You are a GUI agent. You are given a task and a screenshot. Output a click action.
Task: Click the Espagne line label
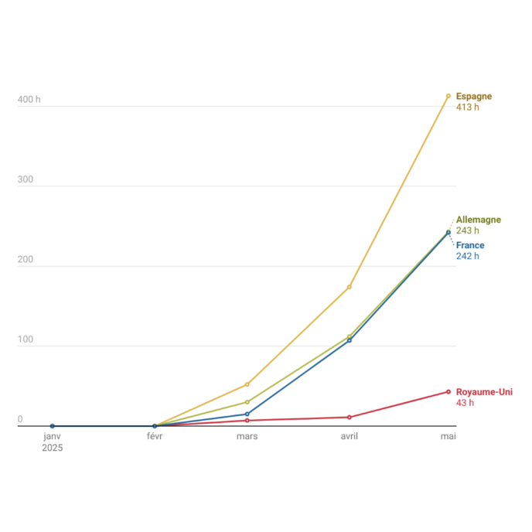pyautogui.click(x=474, y=97)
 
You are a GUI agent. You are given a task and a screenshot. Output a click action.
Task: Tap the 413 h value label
pyautogui.click(x=468, y=107)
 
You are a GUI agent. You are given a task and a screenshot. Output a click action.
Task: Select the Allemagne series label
pyautogui.click(x=479, y=220)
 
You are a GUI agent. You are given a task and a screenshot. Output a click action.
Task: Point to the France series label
pyautogui.click(x=470, y=245)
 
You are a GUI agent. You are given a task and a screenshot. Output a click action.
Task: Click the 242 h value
pyautogui.click(x=468, y=256)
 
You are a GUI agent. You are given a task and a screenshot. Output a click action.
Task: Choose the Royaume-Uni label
pyautogui.click(x=484, y=392)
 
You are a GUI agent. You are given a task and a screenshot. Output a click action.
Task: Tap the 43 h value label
pyautogui.click(x=465, y=403)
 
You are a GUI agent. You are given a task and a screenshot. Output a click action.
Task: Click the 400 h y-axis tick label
pyautogui.click(x=29, y=100)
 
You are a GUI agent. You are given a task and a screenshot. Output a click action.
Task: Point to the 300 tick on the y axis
pyautogui.click(x=26, y=179)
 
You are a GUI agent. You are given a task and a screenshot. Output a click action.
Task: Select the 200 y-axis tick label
pyautogui.click(x=26, y=259)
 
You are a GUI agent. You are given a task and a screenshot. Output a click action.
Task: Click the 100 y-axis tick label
pyautogui.click(x=26, y=339)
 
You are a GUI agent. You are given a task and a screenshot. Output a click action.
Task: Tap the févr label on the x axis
pyautogui.click(x=155, y=436)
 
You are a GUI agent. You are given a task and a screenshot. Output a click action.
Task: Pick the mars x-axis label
pyautogui.click(x=247, y=436)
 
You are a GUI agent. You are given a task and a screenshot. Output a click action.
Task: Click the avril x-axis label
pyautogui.click(x=350, y=436)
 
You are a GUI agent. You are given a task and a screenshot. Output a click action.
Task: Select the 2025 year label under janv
pyautogui.click(x=53, y=448)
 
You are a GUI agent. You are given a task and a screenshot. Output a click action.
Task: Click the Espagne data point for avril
pyautogui.click(x=350, y=287)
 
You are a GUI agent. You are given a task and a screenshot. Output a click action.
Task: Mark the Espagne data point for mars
pyautogui.click(x=247, y=384)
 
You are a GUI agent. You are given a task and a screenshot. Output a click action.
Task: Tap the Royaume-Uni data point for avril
pyautogui.click(x=350, y=418)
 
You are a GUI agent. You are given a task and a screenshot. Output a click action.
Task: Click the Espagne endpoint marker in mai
pyautogui.click(x=448, y=96)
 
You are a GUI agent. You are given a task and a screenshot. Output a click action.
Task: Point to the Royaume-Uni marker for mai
pyautogui.click(x=448, y=392)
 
